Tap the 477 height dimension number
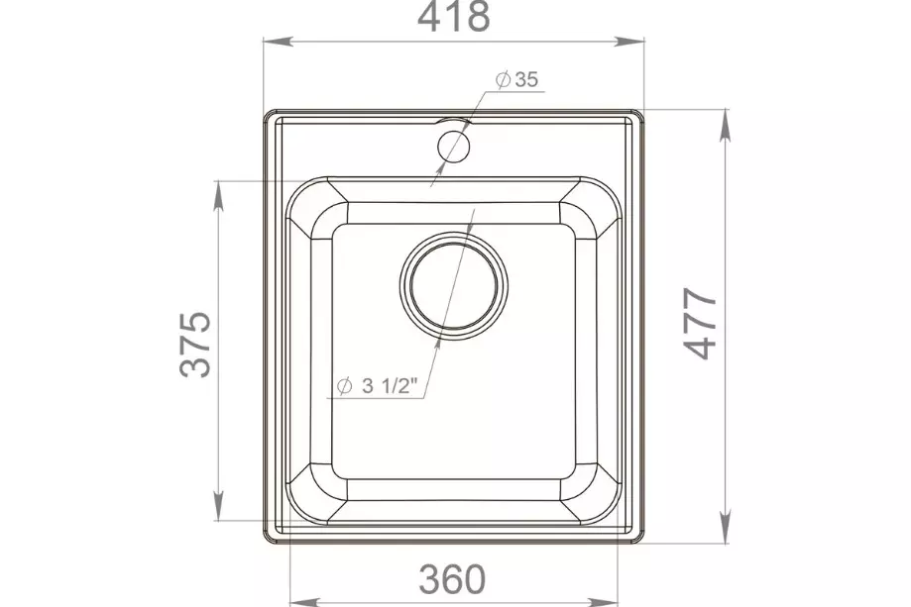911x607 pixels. pos(701,323)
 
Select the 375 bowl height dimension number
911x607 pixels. pos(195,345)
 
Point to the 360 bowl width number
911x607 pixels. pos(452,578)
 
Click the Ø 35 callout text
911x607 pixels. pos(517,79)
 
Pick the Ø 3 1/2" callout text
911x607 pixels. pos(377,385)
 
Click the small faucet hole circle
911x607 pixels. pos(453,146)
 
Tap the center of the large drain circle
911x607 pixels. pos(454,285)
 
